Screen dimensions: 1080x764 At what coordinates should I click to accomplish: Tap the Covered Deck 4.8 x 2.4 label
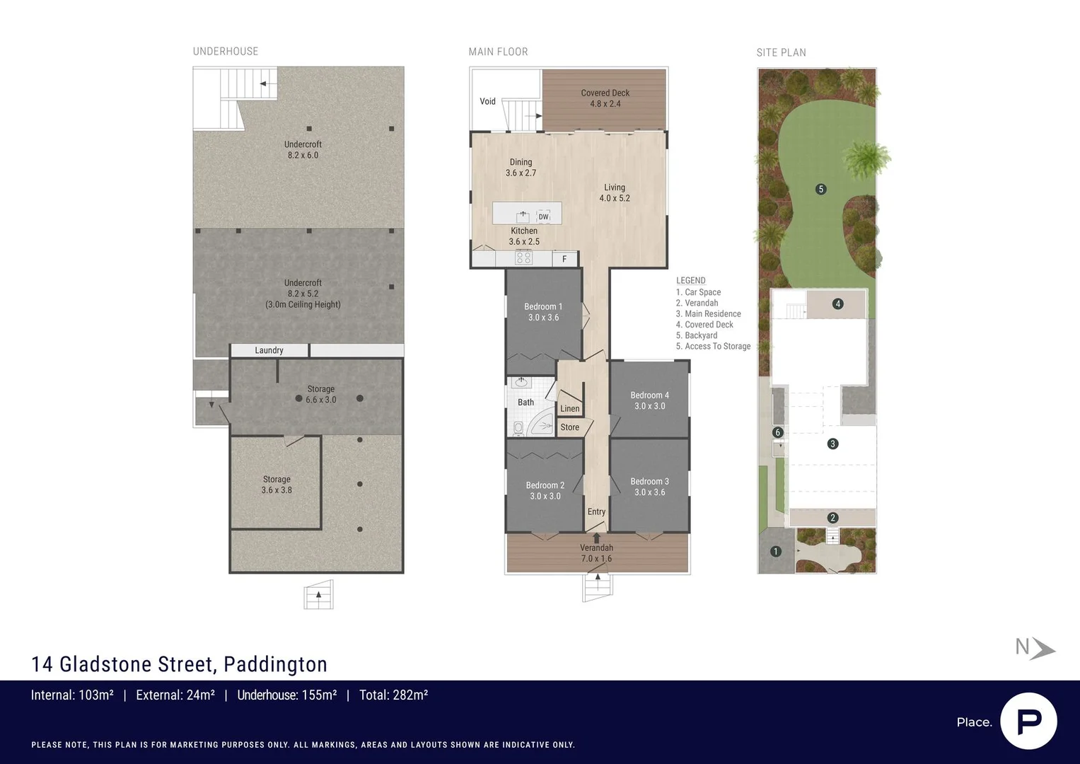(x=605, y=98)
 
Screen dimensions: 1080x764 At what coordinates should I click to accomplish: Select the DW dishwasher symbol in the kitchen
(x=544, y=216)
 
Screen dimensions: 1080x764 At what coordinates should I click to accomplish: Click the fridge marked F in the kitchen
(x=564, y=259)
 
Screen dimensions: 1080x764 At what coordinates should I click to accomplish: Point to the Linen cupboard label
(x=570, y=409)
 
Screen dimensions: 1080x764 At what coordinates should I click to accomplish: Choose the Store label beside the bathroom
(x=570, y=427)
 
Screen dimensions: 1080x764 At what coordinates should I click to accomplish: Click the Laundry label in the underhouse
(x=269, y=350)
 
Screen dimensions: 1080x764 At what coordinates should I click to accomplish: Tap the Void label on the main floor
(x=487, y=101)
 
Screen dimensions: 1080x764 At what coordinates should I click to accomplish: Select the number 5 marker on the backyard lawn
(x=820, y=189)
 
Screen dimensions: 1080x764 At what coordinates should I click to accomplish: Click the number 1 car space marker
(x=776, y=551)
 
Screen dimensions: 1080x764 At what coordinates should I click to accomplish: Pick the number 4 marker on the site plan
(x=838, y=304)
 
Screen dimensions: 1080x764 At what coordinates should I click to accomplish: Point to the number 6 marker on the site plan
(x=777, y=433)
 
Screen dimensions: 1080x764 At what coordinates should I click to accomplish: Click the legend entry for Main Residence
(x=708, y=314)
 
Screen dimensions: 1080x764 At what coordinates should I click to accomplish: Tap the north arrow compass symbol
(x=1035, y=648)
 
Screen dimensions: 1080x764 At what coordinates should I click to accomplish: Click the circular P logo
(x=1029, y=722)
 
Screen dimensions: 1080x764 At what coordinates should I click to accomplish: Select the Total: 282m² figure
(x=393, y=695)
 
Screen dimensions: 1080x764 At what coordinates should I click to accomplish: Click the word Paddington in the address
(x=275, y=664)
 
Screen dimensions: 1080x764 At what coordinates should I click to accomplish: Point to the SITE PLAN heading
(x=781, y=52)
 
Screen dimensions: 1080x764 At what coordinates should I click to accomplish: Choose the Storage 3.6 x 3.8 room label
(x=277, y=485)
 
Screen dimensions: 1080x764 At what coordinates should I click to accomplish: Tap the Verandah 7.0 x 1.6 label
(x=596, y=553)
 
